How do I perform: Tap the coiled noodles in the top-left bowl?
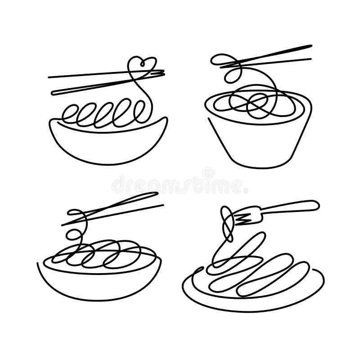point(103,112)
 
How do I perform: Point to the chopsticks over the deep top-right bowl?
point(270,56)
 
